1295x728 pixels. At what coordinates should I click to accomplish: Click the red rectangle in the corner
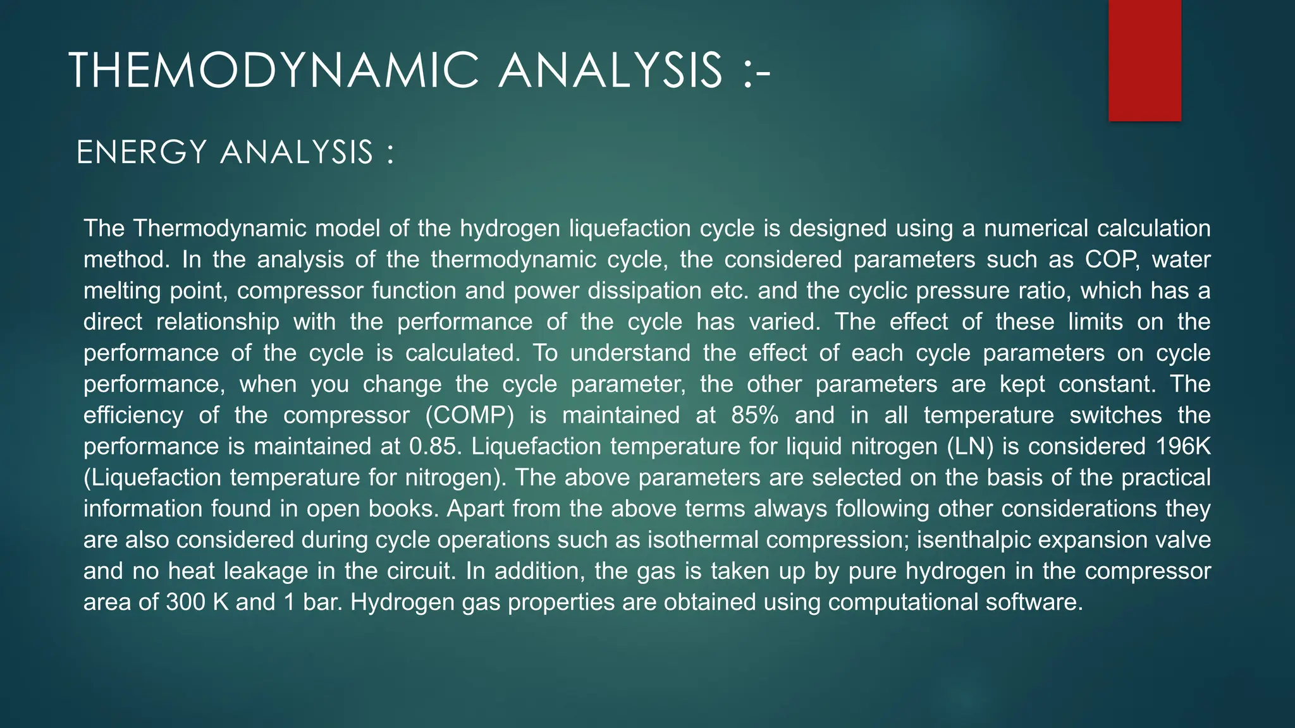tap(1145, 61)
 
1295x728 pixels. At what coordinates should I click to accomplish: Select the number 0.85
tap(433, 446)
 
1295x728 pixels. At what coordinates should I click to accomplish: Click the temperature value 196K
tap(1183, 446)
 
